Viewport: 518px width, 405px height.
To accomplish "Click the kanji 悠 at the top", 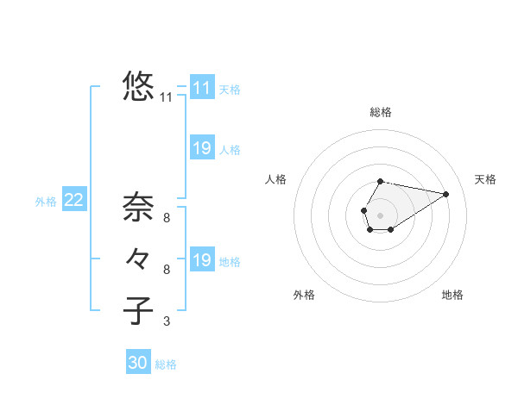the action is click(x=138, y=87).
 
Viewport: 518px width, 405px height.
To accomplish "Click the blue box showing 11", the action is click(x=202, y=88).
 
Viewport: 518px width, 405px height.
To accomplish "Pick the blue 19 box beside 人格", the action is click(x=202, y=148).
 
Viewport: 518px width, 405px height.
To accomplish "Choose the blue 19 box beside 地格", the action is click(x=202, y=260).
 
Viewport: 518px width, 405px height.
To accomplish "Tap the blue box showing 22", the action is click(x=73, y=200).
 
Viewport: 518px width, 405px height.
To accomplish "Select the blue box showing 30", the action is click(x=138, y=363).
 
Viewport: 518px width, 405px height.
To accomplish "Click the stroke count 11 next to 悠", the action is click(x=167, y=97).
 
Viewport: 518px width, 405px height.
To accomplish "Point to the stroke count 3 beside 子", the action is click(x=167, y=321).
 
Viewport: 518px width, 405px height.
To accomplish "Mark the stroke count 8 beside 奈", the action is click(x=167, y=218).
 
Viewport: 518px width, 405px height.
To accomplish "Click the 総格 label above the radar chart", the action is click(x=381, y=112).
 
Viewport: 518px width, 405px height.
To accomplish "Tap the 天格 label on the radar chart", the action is click(x=485, y=179).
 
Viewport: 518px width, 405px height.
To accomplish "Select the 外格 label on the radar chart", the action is click(x=304, y=295).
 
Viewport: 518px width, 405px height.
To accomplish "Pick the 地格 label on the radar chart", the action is click(x=452, y=295).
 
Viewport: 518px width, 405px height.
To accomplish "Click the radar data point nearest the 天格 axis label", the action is click(x=445, y=194).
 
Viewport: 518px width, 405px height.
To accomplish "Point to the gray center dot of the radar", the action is click(x=380, y=214).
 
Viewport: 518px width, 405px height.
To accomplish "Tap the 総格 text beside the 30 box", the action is click(x=166, y=364).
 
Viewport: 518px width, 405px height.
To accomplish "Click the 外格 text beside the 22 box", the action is click(x=46, y=202).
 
